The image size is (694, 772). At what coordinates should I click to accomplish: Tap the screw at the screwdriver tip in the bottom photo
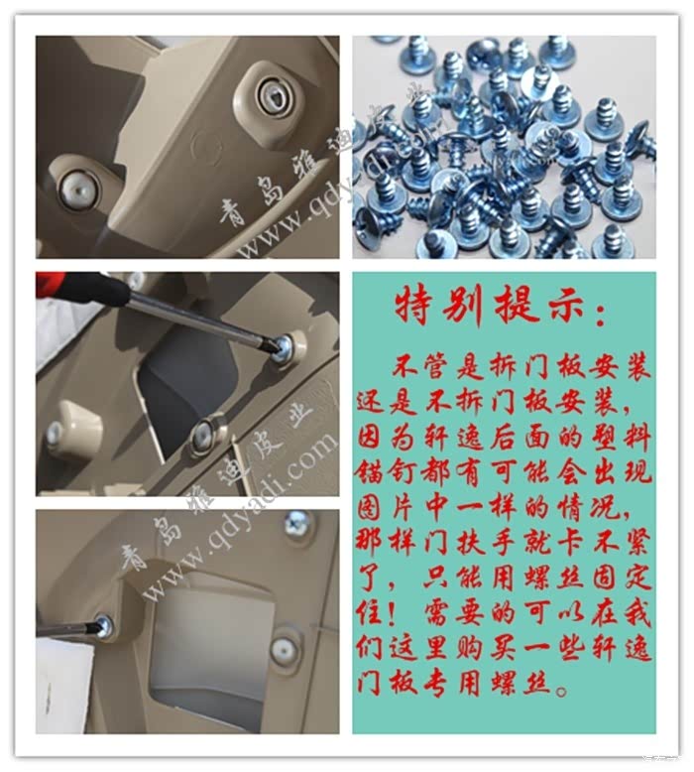103,626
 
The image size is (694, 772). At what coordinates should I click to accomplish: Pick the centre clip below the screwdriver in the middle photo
204,433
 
